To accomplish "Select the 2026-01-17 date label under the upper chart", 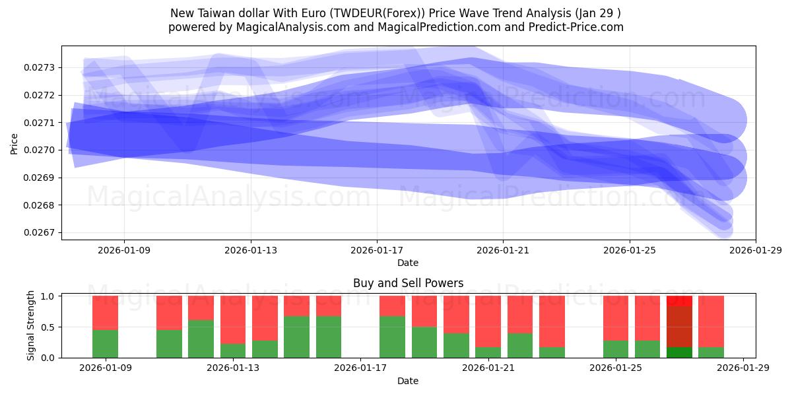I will [376, 250].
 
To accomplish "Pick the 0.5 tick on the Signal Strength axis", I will [49, 327].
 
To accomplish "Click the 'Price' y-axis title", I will [15, 143].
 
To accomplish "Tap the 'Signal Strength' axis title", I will [30, 326].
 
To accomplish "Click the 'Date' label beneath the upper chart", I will [408, 263].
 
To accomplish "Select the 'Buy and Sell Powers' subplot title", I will [408, 283].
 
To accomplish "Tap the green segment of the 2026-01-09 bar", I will [105, 343].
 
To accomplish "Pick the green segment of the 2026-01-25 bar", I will [616, 349].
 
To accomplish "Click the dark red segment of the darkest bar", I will [680, 326].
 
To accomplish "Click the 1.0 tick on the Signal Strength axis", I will [49, 296].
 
